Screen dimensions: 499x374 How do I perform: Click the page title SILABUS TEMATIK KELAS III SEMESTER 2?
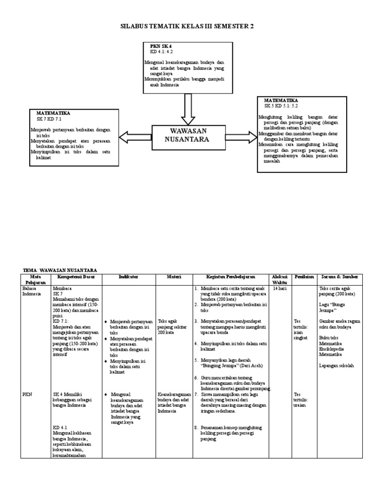pyautogui.click(x=187, y=27)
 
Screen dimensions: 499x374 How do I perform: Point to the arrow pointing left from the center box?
pyautogui.click(x=136, y=135)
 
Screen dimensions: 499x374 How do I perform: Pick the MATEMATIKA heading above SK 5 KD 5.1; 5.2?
pyautogui.click(x=281, y=100)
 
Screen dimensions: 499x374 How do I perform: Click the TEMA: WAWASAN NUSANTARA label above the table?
pyautogui.click(x=60, y=270)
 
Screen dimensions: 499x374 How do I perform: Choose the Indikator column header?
pyautogui.click(x=129, y=277)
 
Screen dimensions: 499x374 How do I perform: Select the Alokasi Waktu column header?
pyautogui.click(x=280, y=279)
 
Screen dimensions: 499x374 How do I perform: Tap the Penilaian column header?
pyautogui.click(x=303, y=277)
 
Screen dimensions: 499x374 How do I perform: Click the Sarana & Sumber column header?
pyautogui.click(x=339, y=277)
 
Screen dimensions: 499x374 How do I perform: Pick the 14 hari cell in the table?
pyautogui.click(x=280, y=288)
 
